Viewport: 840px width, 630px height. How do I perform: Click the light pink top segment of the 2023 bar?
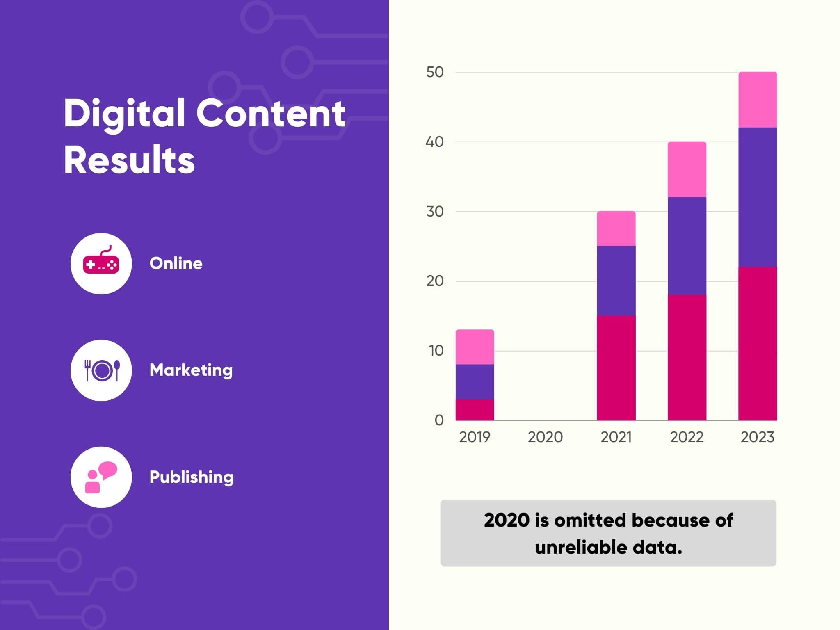coord(758,100)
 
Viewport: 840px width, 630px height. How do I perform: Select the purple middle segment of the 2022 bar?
coord(687,246)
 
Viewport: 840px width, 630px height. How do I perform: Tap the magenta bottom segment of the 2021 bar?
coord(616,367)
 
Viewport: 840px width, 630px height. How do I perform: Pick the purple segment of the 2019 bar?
coord(475,381)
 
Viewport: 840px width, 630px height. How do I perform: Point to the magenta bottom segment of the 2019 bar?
coord(475,410)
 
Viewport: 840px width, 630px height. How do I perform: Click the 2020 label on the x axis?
coord(545,437)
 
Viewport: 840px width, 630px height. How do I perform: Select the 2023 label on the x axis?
coord(757,437)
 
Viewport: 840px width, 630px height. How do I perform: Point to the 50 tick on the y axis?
coord(435,72)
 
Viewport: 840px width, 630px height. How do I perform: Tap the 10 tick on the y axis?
coord(436,351)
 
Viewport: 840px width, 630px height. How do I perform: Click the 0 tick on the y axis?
coord(439,420)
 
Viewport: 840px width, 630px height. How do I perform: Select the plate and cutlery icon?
coord(101,370)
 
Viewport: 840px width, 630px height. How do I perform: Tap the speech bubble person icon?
coord(101,477)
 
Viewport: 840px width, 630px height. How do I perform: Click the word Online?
coord(176,263)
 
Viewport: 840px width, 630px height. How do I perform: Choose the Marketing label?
coord(191,370)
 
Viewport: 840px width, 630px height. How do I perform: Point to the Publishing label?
coord(192,477)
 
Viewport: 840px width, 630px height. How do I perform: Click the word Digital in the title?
coord(124,114)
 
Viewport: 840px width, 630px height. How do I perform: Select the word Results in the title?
coord(129,160)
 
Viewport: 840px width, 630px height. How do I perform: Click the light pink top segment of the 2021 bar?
coord(616,228)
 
